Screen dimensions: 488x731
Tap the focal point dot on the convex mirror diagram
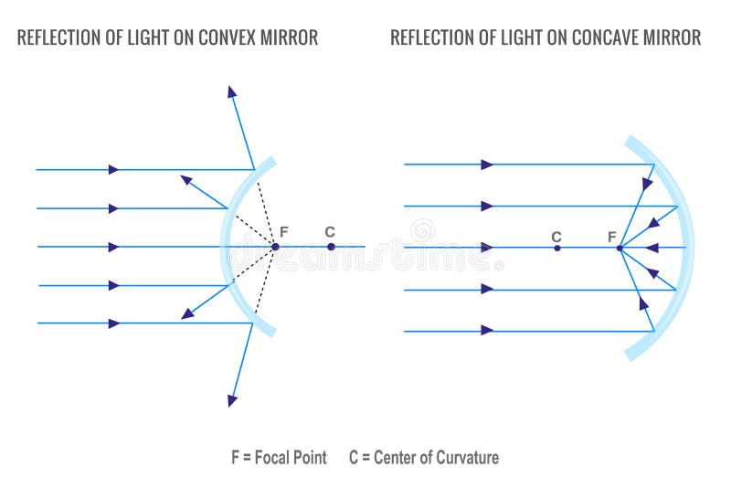pos(274,246)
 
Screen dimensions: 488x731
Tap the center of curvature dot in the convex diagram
pos(331,246)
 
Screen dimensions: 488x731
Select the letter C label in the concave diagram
pos(556,236)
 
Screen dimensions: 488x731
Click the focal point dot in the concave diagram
pos(620,248)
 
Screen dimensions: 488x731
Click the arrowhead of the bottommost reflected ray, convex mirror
pos(232,399)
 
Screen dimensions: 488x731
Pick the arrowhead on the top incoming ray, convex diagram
pos(113,169)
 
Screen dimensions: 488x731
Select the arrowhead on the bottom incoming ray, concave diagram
pos(487,330)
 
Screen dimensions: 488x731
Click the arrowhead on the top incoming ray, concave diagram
pos(487,164)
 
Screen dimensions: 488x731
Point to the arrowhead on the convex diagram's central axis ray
pos(113,247)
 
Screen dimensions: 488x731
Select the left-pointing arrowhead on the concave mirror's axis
pos(651,247)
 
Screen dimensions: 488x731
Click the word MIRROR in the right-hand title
pos(673,37)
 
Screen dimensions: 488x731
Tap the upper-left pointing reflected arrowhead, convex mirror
pos(186,179)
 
